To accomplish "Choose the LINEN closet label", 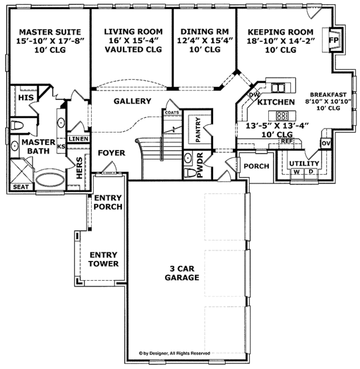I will pos(78,139).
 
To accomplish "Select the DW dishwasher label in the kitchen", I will pos(253,95).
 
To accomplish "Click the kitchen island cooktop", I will pos(281,115).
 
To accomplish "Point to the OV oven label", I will pos(326,144).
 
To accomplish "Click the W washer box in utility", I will pos(296,172).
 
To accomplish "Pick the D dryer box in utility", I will pos(310,172).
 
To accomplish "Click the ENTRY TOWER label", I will pos(103,259).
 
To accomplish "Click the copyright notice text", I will pos(174,354).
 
